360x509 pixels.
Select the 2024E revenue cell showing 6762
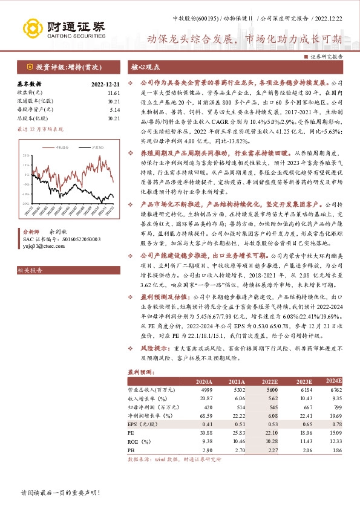(x=333, y=391)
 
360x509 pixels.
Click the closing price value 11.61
(x=114, y=94)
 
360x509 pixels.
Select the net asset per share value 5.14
(x=115, y=110)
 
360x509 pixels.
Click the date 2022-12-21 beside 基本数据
(x=105, y=85)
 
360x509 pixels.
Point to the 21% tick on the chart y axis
(x=26, y=155)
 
